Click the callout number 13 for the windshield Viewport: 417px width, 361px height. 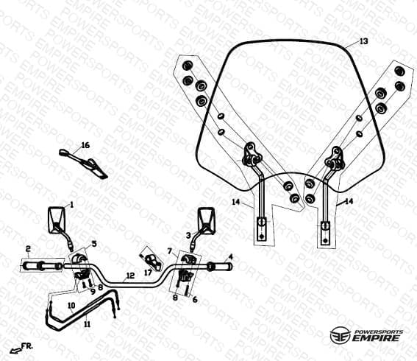(x=364, y=41)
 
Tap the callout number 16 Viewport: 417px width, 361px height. (x=85, y=145)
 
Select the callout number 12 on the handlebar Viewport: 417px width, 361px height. (x=130, y=276)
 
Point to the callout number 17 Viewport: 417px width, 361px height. (x=148, y=273)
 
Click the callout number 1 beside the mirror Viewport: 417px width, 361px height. (x=71, y=205)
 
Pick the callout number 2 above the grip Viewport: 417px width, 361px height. (x=28, y=249)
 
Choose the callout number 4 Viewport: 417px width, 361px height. (x=231, y=257)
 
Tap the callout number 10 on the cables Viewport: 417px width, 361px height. (x=71, y=306)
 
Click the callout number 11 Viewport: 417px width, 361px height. (x=88, y=324)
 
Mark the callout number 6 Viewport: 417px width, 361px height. (x=195, y=299)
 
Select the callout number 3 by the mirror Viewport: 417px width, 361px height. (x=188, y=235)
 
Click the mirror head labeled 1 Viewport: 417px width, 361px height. (x=57, y=220)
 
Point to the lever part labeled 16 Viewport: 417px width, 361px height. (x=83, y=163)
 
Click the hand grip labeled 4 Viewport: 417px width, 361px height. (x=220, y=267)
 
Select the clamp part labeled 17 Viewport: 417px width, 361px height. (x=152, y=261)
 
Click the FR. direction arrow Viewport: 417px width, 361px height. (x=15, y=351)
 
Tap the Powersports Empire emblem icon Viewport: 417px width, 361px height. (x=340, y=335)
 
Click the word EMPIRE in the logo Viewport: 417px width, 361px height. (x=376, y=339)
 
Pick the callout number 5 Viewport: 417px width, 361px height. (x=93, y=244)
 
